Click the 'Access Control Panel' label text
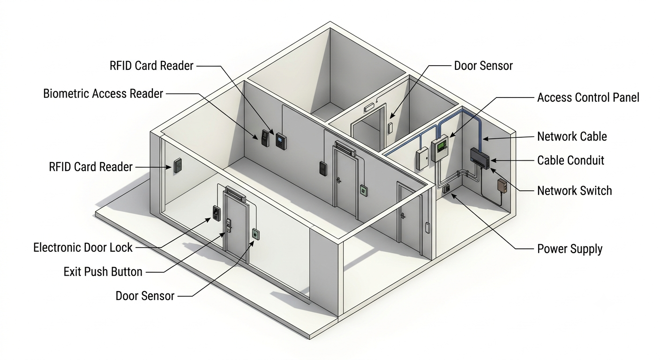[588, 97]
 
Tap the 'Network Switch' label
[575, 191]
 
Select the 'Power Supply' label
[570, 249]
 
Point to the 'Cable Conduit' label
[571, 161]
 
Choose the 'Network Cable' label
[572, 136]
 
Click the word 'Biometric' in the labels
[66, 94]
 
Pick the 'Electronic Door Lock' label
[83, 247]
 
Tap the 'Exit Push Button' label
[103, 271]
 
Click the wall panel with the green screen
[440, 148]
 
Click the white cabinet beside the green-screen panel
[422, 158]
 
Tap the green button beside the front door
[255, 234]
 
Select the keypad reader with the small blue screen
[280, 142]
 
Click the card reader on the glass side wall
[177, 165]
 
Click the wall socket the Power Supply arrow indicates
[446, 188]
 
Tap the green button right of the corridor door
[364, 190]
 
